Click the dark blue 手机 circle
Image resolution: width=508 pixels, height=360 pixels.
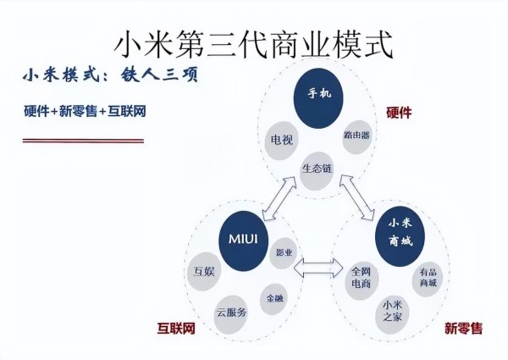318,98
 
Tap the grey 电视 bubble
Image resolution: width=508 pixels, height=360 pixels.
281,141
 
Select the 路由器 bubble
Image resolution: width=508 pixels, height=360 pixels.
356,136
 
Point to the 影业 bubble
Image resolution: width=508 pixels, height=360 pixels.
284,253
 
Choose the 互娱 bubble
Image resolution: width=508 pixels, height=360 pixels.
204,272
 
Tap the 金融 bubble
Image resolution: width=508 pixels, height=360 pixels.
274,299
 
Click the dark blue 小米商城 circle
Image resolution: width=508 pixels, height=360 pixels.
400,236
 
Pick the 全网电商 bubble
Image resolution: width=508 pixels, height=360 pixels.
361,279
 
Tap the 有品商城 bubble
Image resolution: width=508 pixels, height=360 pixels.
428,279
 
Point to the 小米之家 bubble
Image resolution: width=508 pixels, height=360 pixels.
392,313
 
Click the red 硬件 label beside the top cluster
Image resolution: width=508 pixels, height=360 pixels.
399,114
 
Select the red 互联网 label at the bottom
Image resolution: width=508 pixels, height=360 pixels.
176,329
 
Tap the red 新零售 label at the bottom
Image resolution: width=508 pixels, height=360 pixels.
463,329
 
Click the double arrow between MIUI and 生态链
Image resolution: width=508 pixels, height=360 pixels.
279,198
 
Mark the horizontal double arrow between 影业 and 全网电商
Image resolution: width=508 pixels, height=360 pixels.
318,269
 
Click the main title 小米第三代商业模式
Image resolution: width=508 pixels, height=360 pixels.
254,44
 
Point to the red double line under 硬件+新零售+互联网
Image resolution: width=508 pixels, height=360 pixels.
83,141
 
